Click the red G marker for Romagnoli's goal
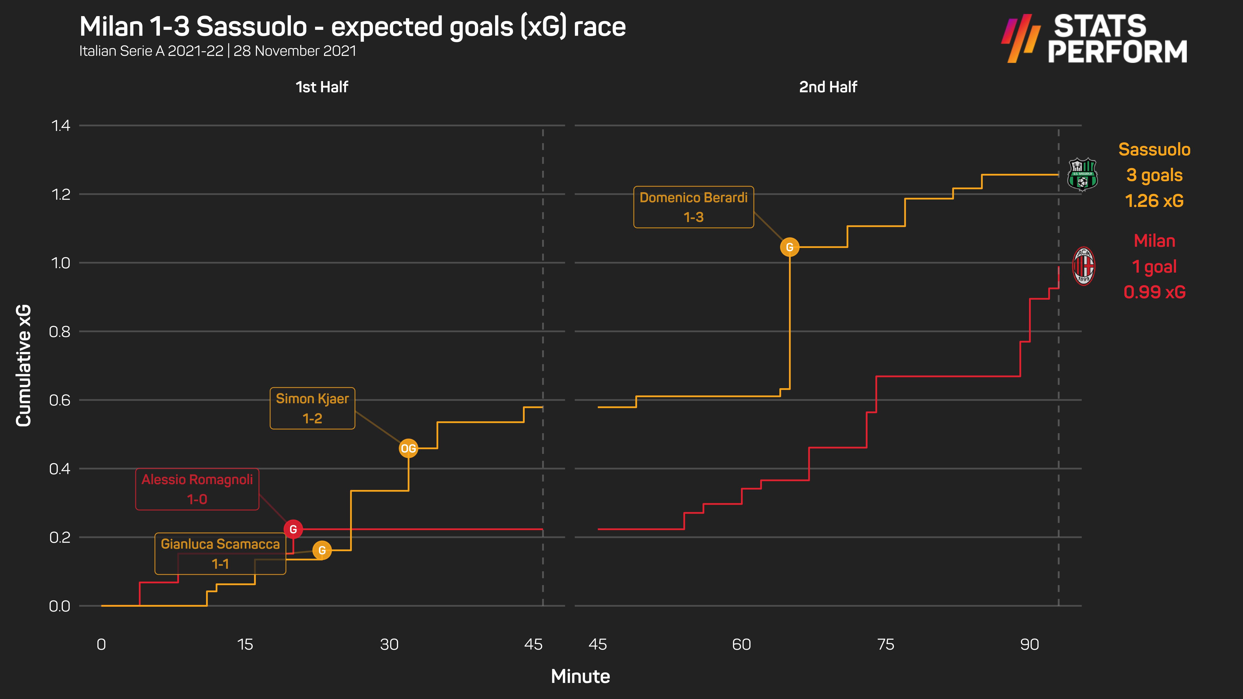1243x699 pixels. coord(293,529)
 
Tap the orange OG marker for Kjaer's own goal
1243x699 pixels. coord(408,449)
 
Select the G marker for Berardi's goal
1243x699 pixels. coord(789,247)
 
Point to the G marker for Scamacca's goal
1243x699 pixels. coord(322,550)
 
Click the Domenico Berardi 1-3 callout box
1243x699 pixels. coord(693,207)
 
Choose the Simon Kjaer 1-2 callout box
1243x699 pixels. coord(312,408)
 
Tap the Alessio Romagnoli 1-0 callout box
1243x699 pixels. coord(197,489)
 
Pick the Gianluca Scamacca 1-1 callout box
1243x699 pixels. coord(220,554)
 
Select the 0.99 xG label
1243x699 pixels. coord(1154,292)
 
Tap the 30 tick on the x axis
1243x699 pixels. coord(389,644)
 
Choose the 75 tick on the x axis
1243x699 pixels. coord(885,644)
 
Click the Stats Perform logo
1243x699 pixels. coord(1094,39)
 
